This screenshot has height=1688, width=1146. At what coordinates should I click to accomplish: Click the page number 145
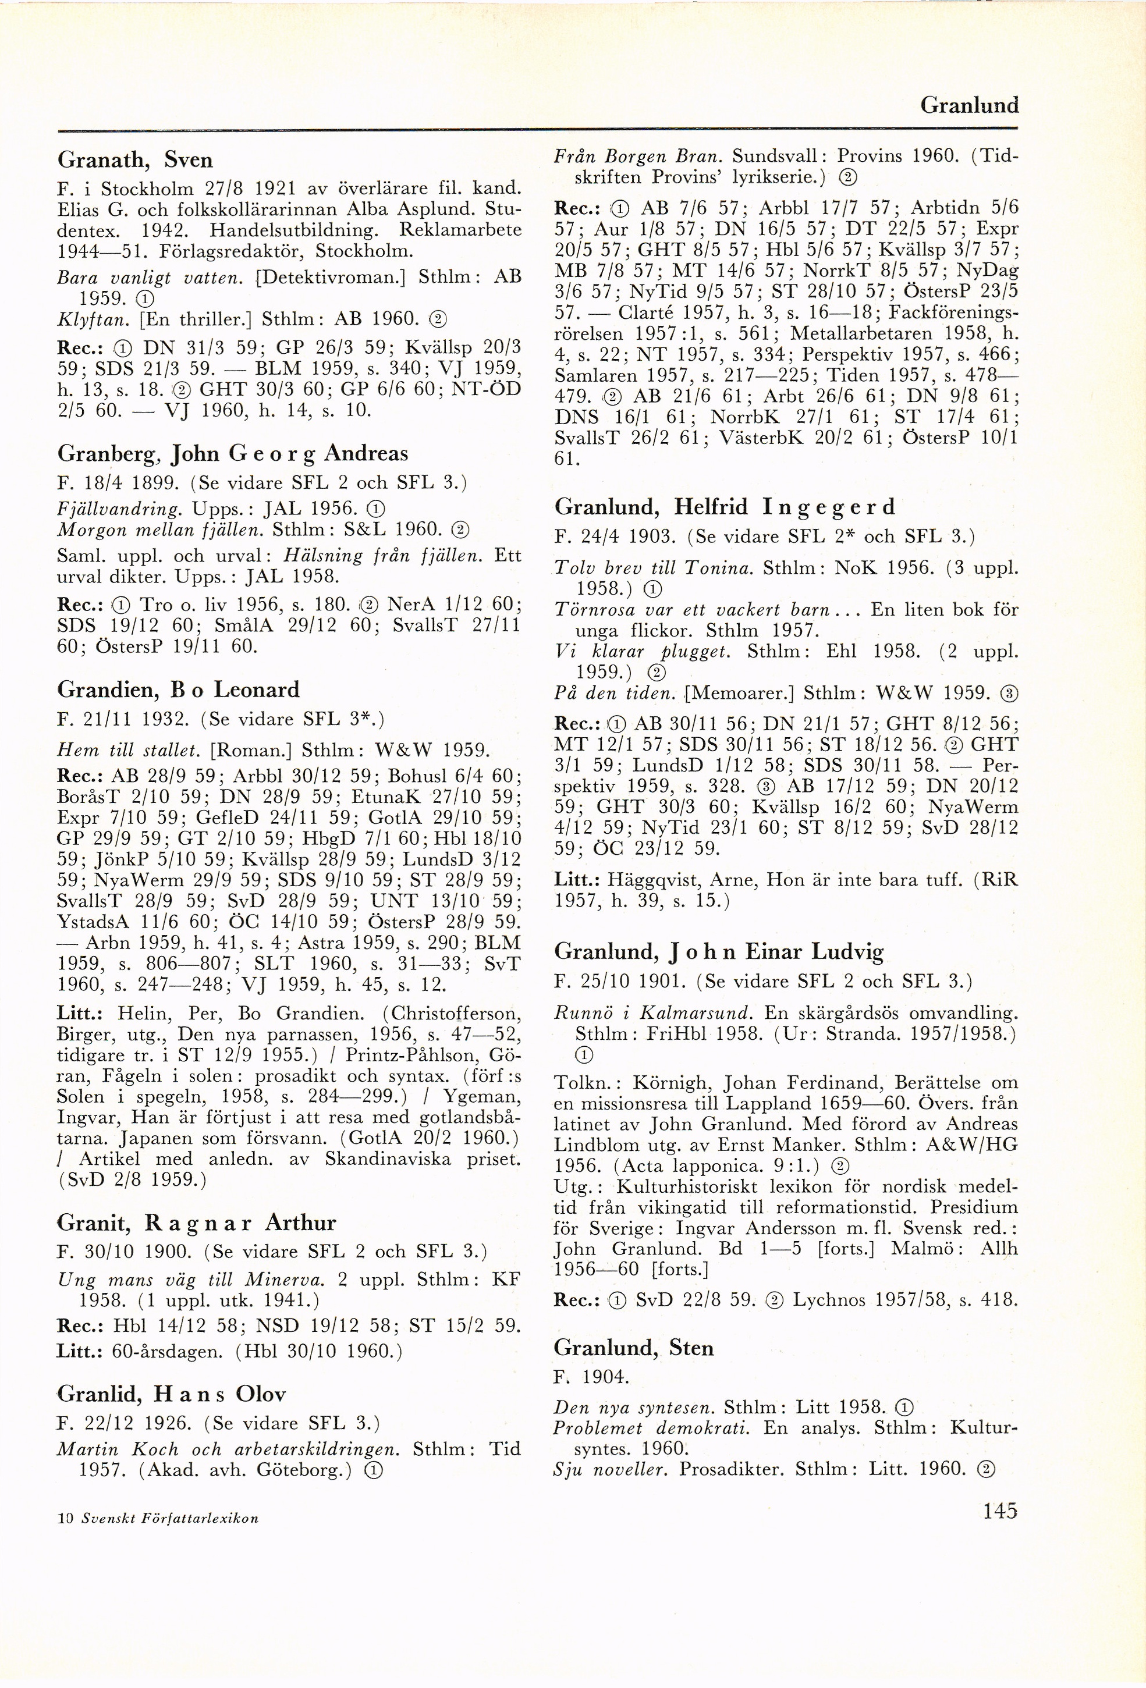coord(999,1512)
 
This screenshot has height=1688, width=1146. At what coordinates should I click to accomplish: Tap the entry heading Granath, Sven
coord(134,160)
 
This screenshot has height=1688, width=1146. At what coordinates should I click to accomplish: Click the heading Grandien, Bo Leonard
coord(178,690)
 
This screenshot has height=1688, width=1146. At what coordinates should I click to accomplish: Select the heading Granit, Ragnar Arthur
coord(196,1223)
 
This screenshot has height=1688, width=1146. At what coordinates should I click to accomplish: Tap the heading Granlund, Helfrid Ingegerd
coord(724,506)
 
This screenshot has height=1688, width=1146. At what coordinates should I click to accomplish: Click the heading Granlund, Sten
coord(634,1348)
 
